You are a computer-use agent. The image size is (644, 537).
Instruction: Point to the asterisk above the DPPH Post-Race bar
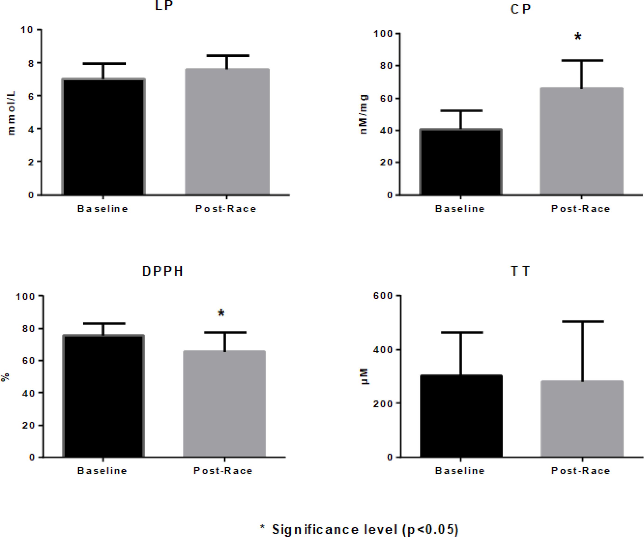coord(221,313)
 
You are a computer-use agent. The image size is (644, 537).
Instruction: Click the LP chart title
coord(164,6)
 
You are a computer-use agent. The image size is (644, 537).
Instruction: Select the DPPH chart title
coord(163,271)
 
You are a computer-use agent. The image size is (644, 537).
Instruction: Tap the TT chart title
coord(520,271)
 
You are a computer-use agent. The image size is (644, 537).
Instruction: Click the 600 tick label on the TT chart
coord(383,296)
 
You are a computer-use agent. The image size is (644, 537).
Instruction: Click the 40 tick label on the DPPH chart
coord(28,393)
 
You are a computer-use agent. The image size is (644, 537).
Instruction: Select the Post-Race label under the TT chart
coord(581,471)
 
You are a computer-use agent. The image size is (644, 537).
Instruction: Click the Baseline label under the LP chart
coord(102,209)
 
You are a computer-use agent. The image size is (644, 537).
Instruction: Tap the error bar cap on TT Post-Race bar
coord(582,322)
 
